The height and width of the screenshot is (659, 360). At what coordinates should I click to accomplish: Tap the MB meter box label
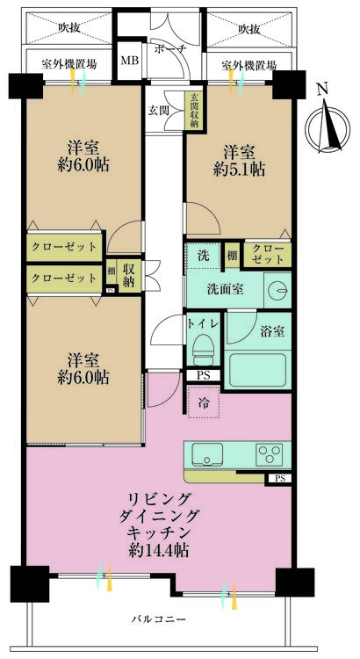tap(129, 61)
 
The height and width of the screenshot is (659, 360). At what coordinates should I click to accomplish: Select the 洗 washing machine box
tap(202, 257)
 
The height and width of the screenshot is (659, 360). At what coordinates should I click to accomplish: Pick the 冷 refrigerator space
tap(204, 405)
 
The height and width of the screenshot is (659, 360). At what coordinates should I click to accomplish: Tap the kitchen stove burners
tap(268, 454)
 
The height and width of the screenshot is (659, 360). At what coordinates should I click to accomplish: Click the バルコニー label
tap(159, 619)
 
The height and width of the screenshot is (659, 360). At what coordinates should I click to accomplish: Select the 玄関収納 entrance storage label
tap(192, 112)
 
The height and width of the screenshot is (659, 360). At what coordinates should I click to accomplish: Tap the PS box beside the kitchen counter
tap(279, 478)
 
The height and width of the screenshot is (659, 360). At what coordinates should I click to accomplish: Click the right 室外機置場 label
tap(248, 66)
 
